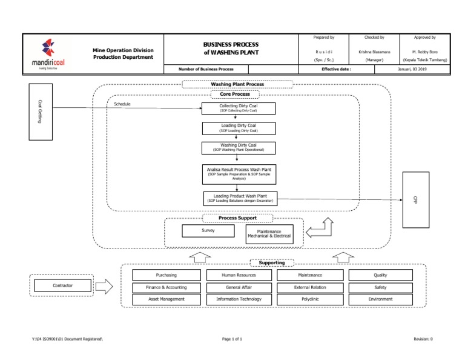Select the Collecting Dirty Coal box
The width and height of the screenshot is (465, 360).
click(x=239, y=108)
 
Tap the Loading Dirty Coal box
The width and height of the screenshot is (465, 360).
click(x=239, y=128)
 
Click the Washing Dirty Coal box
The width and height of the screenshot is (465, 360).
click(x=239, y=148)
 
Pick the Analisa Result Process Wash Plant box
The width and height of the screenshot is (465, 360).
click(x=239, y=175)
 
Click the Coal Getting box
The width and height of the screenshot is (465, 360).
click(x=41, y=112)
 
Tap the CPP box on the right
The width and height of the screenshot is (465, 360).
click(x=415, y=199)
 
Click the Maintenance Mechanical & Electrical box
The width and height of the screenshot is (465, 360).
click(x=269, y=233)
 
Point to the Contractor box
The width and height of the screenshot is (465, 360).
click(x=62, y=285)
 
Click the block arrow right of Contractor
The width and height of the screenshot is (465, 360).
click(x=104, y=286)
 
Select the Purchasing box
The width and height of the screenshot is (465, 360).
click(x=167, y=275)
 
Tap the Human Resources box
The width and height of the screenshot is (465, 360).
click(x=239, y=275)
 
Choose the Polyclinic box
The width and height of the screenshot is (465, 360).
click(x=310, y=299)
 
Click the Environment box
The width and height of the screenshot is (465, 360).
click(x=380, y=299)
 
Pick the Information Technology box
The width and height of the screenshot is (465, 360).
click(x=239, y=299)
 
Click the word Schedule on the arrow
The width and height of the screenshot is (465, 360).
click(x=122, y=104)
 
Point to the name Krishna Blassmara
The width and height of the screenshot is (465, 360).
click(x=370, y=52)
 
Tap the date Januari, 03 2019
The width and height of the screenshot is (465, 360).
click(x=411, y=69)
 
